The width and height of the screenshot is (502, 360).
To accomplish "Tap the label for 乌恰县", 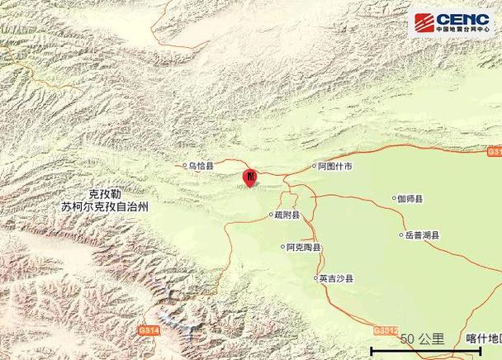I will click(x=201, y=166).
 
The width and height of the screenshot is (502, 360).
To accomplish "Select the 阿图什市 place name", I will click(x=336, y=166).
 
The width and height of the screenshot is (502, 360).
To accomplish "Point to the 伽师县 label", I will click(x=410, y=199).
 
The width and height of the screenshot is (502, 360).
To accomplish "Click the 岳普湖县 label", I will click(x=421, y=235).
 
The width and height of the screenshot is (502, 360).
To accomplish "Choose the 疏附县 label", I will click(x=287, y=216).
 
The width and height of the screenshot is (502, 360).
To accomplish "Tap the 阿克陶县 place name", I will click(x=304, y=247).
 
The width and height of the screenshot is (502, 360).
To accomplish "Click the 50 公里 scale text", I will click(x=422, y=339).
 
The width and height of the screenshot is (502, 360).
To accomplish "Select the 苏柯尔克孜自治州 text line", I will click(x=105, y=206).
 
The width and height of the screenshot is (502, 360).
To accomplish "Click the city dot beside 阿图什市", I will click(x=313, y=167).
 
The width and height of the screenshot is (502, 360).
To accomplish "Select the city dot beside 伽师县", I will click(x=394, y=199).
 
